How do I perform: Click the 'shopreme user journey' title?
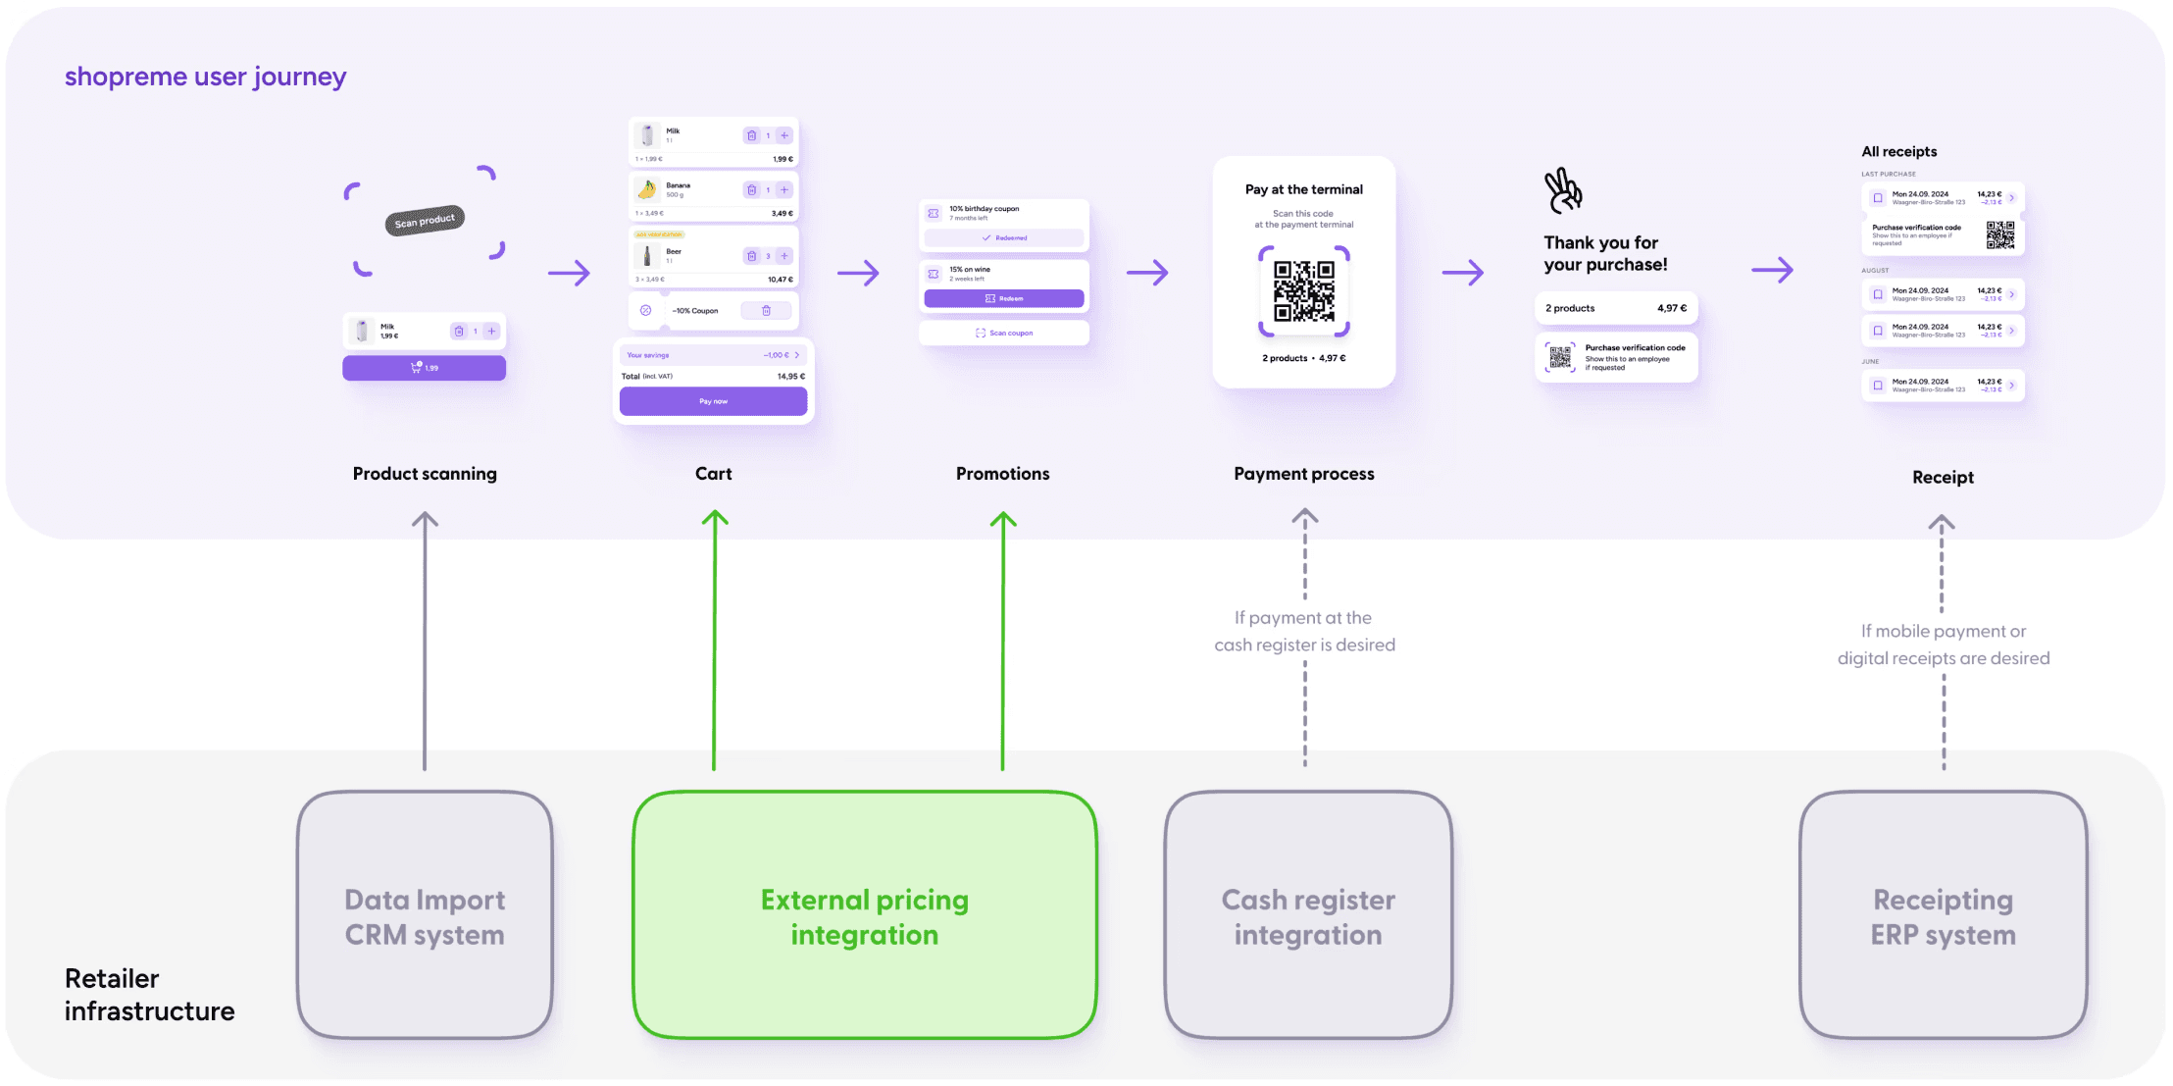coord(205,77)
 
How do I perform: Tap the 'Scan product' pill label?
coord(425,221)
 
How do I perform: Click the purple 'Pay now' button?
coord(713,401)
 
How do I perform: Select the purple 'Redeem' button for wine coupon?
coord(1003,298)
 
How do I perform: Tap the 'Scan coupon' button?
coord(1003,334)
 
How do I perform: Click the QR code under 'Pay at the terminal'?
coord(1303,291)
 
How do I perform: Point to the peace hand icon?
coord(1563,190)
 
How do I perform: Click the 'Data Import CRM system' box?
coord(425,915)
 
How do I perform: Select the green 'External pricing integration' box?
coord(864,915)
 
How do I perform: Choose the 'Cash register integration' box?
coord(1307,915)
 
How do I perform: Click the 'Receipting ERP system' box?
coord(1943,915)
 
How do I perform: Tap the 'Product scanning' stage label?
coord(425,474)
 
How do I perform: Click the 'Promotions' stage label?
coord(1002,474)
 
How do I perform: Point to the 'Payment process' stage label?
coord(1303,474)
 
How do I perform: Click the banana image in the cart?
coord(647,189)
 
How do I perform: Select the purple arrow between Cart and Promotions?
coord(858,273)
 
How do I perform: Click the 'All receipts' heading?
coord(1898,152)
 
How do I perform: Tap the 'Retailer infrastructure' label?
coord(149,994)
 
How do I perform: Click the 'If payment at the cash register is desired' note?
coord(1304,631)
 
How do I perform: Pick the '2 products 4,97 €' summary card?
coord(1615,308)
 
